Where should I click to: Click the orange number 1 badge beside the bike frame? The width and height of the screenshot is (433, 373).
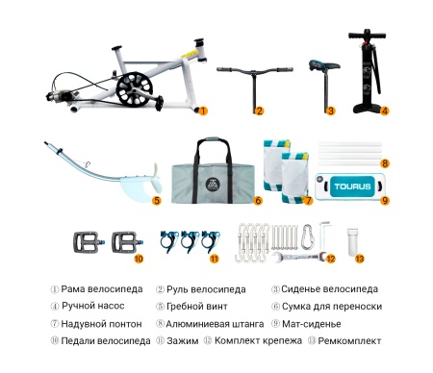click(203, 111)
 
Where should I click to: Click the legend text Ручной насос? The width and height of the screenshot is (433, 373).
click(93, 306)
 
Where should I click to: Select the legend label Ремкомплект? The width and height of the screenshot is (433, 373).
click(350, 340)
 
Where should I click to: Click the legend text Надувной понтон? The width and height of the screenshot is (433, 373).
click(101, 323)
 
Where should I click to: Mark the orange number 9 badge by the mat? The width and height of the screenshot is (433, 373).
click(384, 201)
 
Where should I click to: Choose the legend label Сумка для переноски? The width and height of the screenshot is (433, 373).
click(332, 306)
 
